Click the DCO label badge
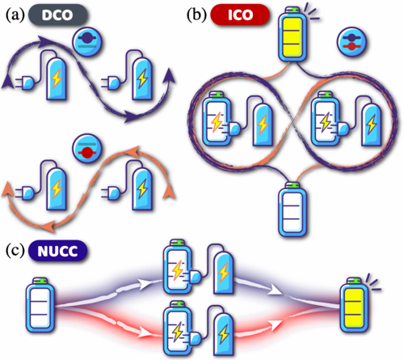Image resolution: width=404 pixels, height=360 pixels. tap(57, 15)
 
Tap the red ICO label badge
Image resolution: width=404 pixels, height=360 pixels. tap(240, 15)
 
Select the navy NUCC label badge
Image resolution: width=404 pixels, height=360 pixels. tap(57, 251)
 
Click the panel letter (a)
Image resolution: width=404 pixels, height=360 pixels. tap(15, 15)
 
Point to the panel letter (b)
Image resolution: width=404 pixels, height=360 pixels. tap(197, 15)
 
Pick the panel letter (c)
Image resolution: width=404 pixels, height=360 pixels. tap(15, 251)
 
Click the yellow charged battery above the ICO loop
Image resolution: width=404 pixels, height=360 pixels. tap(292, 35)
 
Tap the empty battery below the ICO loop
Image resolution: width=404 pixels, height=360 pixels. tap(292, 210)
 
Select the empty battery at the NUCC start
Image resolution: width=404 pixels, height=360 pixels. tap(40, 305)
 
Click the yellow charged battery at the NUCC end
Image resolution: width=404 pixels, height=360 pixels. tap(355, 305)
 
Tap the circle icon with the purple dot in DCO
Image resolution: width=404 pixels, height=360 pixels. tap(88, 42)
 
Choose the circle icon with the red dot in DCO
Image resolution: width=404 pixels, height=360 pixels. tap(87, 149)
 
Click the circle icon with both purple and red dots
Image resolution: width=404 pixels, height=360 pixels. tap(351, 42)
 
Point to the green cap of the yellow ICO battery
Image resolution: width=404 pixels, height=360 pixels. tap(292, 11)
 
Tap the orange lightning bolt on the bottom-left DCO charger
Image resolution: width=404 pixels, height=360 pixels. tap(57, 188)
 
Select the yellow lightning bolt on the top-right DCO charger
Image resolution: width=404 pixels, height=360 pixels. tap(142, 78)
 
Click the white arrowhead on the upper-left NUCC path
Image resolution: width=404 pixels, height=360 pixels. tap(143, 284)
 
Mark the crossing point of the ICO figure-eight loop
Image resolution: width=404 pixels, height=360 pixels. tap(292, 119)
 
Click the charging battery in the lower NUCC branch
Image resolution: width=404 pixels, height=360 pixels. tap(178, 329)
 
